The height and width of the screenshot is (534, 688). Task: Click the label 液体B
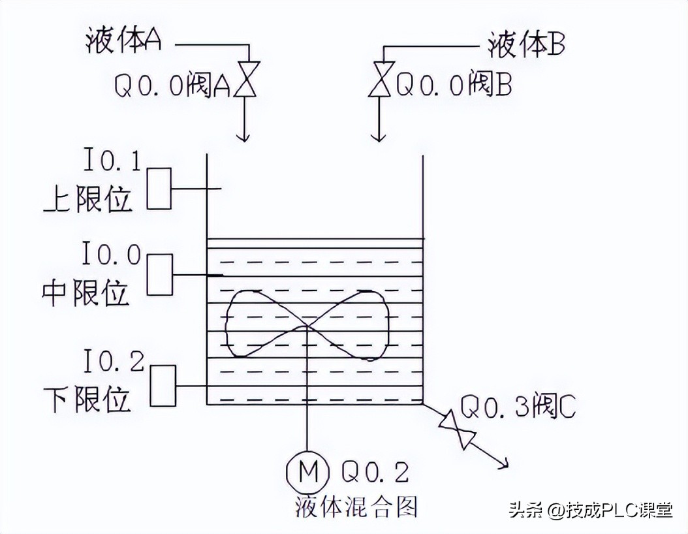tap(526, 45)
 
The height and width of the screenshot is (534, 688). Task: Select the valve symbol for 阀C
tap(456, 428)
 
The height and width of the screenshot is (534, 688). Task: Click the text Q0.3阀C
tap(518, 407)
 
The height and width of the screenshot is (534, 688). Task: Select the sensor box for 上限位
tap(159, 189)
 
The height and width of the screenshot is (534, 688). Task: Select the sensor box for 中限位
tap(159, 274)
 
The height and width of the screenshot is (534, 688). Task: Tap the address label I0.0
tap(112, 253)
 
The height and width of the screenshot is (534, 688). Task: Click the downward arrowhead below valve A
tap(243, 136)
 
